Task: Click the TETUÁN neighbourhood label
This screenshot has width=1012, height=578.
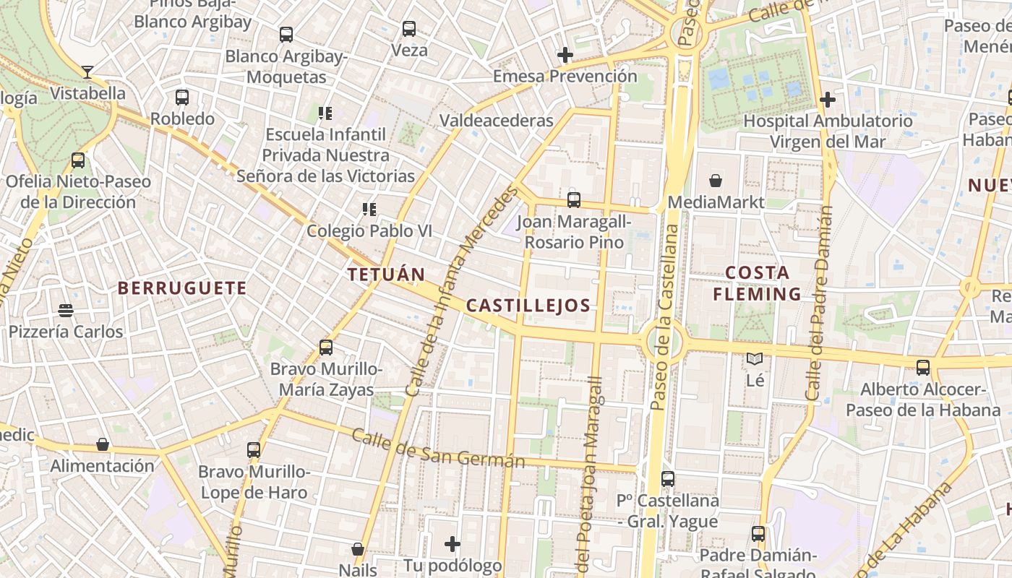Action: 386,275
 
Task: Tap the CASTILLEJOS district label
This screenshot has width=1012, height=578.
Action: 528,306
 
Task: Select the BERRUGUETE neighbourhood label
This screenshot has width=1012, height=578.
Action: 182,288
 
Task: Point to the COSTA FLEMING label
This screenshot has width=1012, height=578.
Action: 757,283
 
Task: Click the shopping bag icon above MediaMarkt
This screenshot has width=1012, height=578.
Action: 716,180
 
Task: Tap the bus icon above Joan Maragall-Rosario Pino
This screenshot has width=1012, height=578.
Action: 574,199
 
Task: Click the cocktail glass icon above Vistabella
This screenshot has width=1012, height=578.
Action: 87,72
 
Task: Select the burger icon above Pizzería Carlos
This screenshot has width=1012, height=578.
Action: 66,311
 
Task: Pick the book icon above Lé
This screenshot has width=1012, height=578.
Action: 755,358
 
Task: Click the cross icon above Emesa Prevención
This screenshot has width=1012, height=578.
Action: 565,55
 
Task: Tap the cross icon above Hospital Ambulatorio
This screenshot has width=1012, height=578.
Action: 828,100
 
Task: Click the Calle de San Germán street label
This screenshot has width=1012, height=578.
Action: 438,449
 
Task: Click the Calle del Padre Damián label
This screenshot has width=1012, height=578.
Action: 819,303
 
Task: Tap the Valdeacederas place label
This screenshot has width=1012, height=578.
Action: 497,120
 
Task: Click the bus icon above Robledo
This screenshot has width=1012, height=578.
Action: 182,97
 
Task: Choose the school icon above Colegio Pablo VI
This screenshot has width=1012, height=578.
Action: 369,210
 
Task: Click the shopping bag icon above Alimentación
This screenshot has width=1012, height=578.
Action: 103,444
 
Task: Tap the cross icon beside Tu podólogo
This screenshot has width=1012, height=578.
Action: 453,543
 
